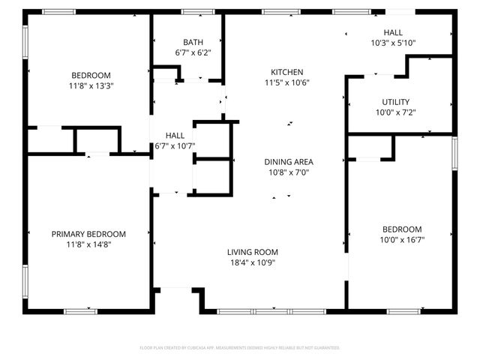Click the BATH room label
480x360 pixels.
click(193, 42)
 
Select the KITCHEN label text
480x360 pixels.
click(289, 72)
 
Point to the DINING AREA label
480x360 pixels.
click(289, 162)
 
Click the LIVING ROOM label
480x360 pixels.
click(253, 252)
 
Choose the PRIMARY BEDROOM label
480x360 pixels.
click(88, 233)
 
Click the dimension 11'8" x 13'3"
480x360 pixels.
click(91, 85)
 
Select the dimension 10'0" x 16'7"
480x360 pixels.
click(401, 240)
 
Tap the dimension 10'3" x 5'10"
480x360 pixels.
click(393, 43)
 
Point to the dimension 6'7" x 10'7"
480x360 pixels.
click(175, 145)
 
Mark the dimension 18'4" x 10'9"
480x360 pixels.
click(253, 262)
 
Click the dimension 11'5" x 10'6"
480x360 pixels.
click(289, 82)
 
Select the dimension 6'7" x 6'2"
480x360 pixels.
click(193, 52)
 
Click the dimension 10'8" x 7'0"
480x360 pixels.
click(289, 172)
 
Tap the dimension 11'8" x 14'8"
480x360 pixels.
click(88, 244)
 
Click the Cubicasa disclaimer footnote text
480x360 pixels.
click(240, 348)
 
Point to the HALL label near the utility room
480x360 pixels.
click(393, 33)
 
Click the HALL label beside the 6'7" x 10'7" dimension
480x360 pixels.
click(175, 135)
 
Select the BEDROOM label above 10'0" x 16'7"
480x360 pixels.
click(401, 229)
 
